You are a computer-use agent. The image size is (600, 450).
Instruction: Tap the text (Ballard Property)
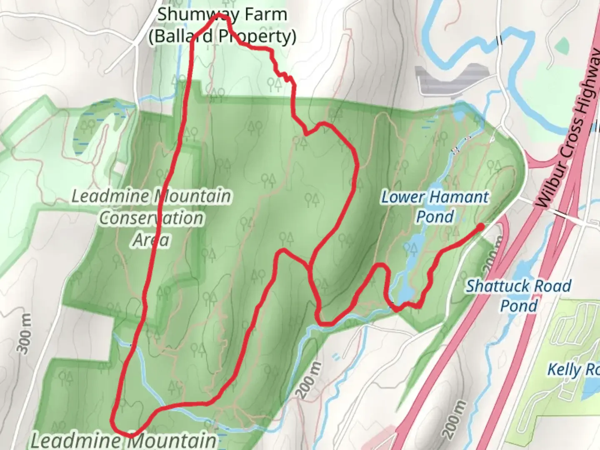[x=222, y=37]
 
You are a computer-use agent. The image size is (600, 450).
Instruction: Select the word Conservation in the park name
[x=151, y=218]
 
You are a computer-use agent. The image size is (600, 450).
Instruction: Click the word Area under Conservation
[x=151, y=240]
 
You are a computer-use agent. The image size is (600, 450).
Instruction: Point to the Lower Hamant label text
[x=435, y=197]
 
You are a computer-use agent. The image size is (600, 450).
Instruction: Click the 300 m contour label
[x=25, y=334]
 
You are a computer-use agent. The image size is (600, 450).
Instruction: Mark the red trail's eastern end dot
[x=480, y=227]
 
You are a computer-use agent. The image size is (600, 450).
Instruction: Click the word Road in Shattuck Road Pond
[x=550, y=287]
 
